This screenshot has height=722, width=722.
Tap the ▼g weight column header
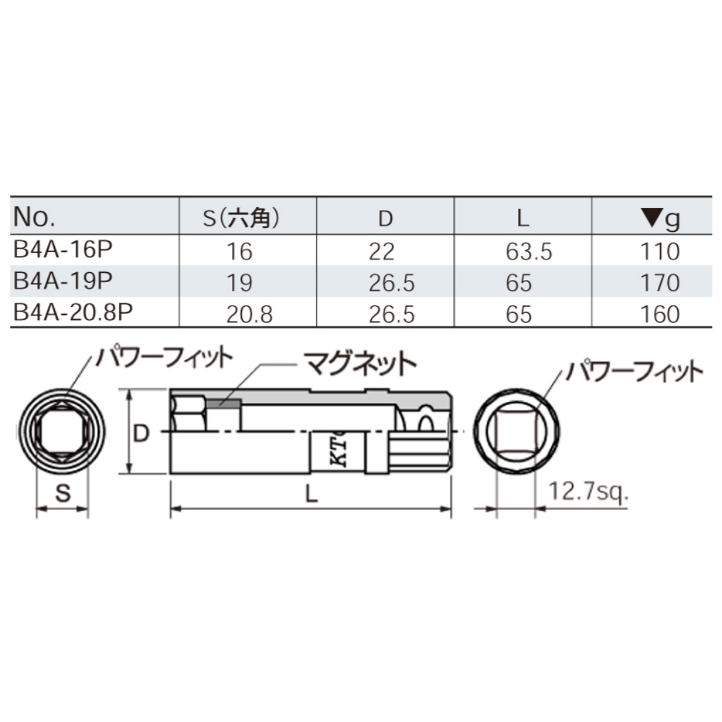[x=659, y=217]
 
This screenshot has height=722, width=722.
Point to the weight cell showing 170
[x=659, y=282]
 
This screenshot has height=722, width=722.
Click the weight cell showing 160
[x=659, y=314]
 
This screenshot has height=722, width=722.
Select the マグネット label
[x=360, y=364]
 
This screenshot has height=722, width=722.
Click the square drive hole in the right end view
[x=515, y=433]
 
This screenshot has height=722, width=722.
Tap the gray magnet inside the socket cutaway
[x=223, y=403]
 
